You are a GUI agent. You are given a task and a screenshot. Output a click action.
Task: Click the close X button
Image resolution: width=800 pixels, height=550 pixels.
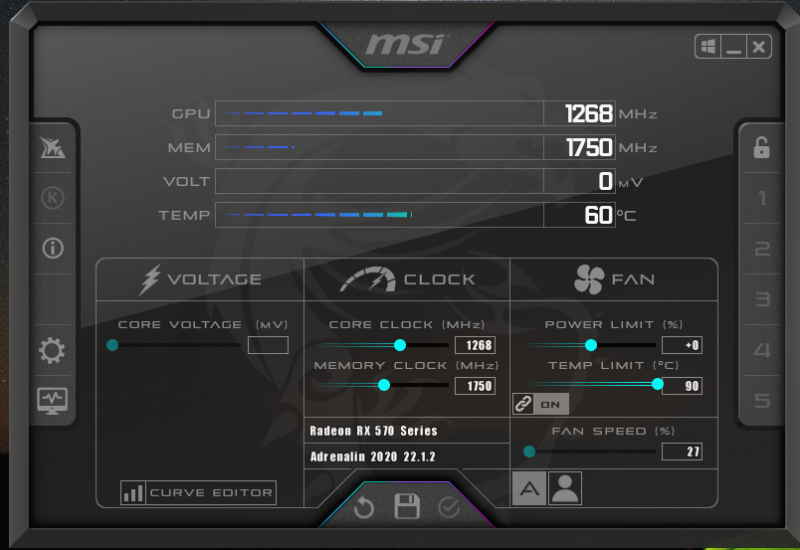click(758, 48)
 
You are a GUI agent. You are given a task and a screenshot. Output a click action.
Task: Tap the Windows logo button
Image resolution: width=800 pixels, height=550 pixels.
click(708, 48)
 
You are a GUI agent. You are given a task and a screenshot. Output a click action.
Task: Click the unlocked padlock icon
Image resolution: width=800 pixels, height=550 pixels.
click(762, 147)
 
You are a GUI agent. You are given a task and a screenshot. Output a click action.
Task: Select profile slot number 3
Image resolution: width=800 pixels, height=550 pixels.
click(762, 299)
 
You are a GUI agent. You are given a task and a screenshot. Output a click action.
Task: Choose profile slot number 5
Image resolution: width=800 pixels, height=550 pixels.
click(762, 401)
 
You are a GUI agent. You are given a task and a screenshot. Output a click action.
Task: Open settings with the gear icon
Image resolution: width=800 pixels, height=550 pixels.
click(52, 350)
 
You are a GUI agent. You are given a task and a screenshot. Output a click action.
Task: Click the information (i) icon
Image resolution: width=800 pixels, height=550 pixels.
click(53, 249)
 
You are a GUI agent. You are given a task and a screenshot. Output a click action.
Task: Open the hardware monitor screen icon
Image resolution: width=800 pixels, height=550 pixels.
click(52, 401)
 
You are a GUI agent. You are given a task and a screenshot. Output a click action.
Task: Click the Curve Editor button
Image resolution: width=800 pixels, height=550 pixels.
click(198, 493)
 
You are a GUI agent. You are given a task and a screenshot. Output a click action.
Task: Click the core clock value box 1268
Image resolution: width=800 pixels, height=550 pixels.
click(475, 345)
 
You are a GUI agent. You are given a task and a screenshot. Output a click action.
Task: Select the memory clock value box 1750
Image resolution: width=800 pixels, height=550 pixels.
click(475, 386)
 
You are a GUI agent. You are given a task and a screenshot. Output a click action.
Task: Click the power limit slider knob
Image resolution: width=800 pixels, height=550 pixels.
click(591, 345)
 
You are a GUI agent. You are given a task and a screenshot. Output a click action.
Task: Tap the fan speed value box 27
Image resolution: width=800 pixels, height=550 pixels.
click(682, 452)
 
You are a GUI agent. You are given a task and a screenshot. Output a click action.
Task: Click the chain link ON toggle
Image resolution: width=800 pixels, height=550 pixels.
click(541, 404)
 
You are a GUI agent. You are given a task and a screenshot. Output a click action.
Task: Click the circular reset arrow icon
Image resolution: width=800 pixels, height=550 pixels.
click(364, 507)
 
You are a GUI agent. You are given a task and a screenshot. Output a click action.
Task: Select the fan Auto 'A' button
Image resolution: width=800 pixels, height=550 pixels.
click(529, 488)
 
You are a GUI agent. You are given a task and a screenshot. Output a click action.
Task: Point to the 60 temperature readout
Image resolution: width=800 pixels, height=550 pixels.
click(598, 215)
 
